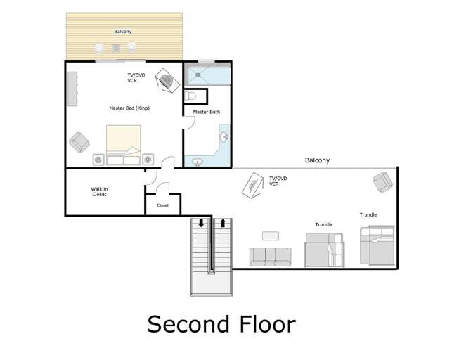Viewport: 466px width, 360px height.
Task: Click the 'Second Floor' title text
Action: click(221, 324)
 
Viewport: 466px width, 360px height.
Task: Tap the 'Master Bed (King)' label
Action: click(129, 108)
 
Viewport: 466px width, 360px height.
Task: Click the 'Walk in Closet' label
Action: click(100, 191)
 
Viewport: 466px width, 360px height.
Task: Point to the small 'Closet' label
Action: click(162, 206)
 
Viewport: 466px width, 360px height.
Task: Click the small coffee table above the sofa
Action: click(271, 236)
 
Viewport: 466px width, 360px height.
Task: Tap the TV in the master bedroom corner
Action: click(167, 79)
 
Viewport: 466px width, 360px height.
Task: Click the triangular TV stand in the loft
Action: click(253, 187)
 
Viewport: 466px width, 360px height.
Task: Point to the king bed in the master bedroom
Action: click(124, 144)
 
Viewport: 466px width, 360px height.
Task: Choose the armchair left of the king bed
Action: click(81, 143)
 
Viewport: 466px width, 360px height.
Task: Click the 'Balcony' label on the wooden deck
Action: click(123, 32)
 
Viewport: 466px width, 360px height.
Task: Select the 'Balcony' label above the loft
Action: click(317, 161)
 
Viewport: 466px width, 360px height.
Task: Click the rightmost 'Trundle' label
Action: click(368, 214)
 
